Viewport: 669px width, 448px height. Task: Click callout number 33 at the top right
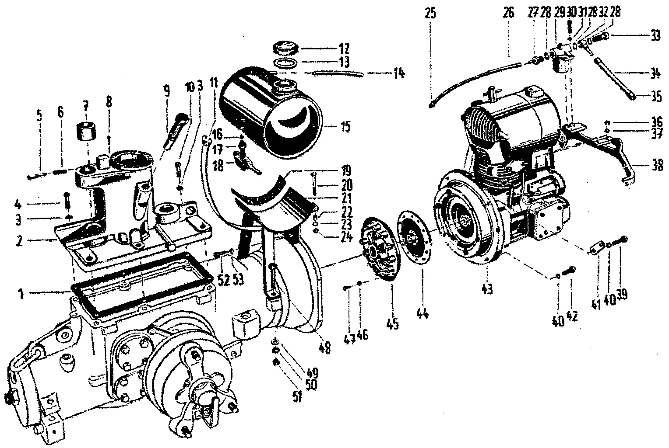[655, 37]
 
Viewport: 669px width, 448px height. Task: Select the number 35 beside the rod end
[655, 97]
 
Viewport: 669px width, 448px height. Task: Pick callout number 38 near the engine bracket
[655, 166]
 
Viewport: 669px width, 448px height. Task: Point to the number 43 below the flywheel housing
[487, 289]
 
